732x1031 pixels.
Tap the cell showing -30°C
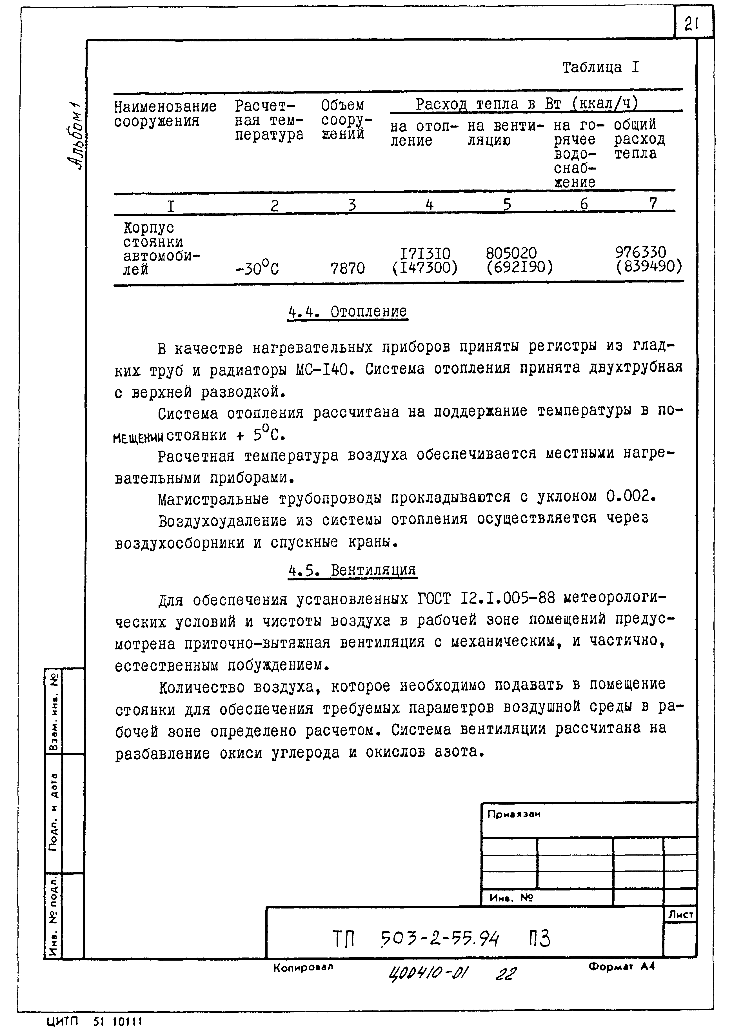[x=257, y=269]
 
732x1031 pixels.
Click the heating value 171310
[x=425, y=254]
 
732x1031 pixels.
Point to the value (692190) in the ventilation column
[x=519, y=268]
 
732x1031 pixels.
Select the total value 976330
[x=640, y=252]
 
